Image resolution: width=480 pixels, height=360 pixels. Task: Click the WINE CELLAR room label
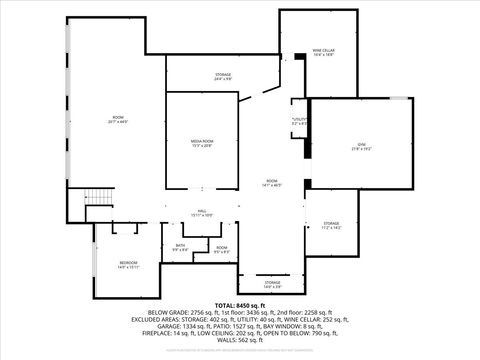323,51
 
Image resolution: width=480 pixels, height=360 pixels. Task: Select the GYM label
361,146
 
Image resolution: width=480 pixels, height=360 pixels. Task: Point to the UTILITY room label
298,121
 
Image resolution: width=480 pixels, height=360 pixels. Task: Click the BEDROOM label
128,264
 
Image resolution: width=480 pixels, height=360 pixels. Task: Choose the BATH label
180,248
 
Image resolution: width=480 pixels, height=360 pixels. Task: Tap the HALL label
201,212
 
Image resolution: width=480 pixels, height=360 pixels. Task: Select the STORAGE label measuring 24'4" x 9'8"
222,76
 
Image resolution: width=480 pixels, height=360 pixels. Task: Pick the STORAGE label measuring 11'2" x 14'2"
331,225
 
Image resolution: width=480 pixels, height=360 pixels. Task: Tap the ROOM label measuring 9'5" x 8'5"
221,249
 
